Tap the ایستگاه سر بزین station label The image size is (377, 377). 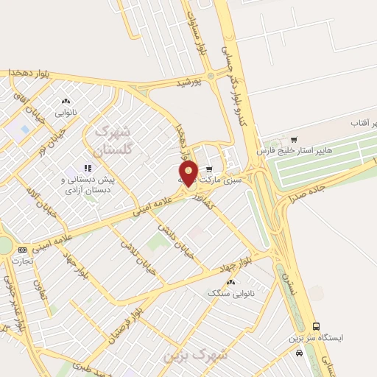point(317,339)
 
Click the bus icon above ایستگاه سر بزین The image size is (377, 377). point(317,326)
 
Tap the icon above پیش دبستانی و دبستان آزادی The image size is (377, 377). point(88,167)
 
